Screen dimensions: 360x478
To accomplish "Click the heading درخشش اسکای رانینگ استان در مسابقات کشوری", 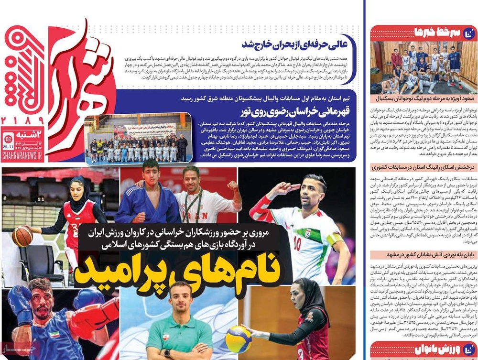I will (424, 167).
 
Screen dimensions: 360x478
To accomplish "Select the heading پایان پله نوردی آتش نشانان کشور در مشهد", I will (424, 255).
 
